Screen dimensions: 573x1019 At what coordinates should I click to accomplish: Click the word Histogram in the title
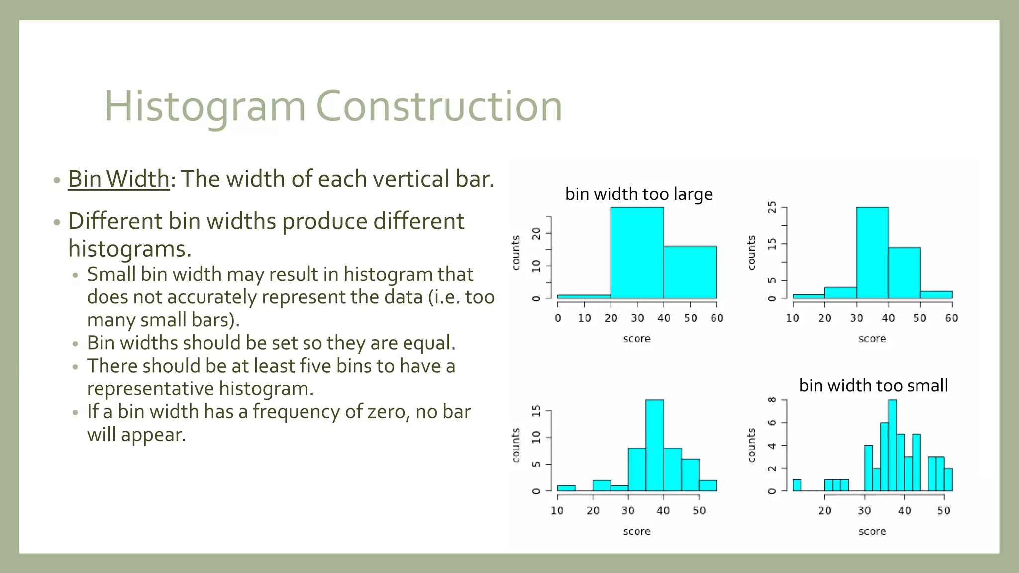[204, 106]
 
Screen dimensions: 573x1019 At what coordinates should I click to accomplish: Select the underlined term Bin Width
[118, 179]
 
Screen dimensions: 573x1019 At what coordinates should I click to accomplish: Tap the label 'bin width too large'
[638, 194]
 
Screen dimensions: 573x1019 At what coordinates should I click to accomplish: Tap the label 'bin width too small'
[873, 385]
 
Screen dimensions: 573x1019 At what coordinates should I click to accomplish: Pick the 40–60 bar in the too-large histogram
[690, 272]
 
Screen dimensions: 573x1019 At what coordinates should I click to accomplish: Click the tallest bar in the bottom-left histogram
[654, 445]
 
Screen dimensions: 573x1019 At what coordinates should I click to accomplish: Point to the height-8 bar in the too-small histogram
[892, 445]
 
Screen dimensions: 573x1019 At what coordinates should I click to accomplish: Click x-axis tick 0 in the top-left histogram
[558, 318]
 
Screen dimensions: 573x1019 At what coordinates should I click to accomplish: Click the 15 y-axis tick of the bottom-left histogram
[536, 411]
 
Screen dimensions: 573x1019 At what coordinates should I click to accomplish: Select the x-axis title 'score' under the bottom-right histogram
[872, 531]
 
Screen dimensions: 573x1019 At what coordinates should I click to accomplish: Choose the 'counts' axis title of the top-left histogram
[516, 253]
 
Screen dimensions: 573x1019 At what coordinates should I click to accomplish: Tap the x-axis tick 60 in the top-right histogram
[951, 318]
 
